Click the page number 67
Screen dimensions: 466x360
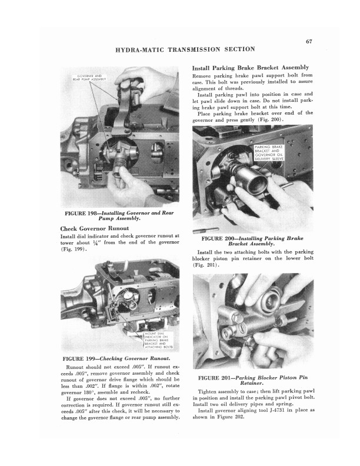[x=308, y=41]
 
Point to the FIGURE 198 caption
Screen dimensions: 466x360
[x=110, y=215]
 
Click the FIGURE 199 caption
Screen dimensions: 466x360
[x=116, y=358]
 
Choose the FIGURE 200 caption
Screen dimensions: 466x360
[x=252, y=241]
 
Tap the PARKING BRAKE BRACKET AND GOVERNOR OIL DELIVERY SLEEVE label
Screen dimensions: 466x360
[x=270, y=154]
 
